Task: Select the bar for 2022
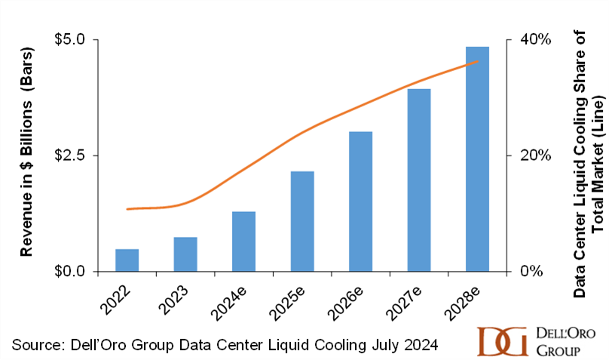127,260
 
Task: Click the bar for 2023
185,254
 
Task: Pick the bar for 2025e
302,221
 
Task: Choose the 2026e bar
361,202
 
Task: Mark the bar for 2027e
419,180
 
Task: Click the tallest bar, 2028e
478,159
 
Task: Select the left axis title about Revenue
27,155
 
